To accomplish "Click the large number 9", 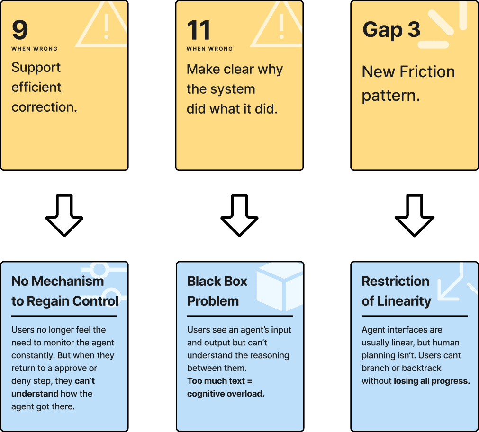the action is coord(20,30).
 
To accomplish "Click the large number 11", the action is coord(199,31).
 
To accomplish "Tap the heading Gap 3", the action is coord(391,30).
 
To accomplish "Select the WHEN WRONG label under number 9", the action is coord(35,49).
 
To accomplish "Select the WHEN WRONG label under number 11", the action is coord(209,49).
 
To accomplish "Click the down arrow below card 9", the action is coord(64,215).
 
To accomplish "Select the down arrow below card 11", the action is coord(239,215).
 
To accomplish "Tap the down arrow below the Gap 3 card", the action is coord(415,215).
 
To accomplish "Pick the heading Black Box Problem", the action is coord(217,291).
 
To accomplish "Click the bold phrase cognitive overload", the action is coord(226,394).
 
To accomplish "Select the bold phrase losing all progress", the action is coord(432,381).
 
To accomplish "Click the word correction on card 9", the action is coord(44,107).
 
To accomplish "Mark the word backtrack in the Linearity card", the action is coord(421,368).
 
